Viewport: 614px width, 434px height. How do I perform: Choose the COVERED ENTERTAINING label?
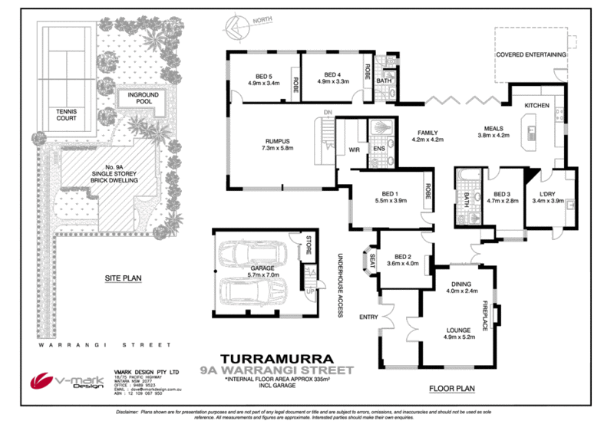pos(531,55)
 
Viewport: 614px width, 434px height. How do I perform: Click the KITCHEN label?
pos(536,105)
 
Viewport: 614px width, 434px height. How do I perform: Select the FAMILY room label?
pos(428,136)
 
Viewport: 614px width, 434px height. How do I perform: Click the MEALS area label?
pos(494,132)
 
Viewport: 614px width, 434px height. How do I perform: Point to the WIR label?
pos(355,150)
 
